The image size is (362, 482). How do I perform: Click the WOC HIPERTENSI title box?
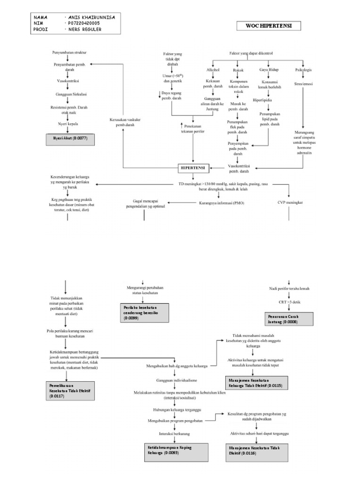(x=270, y=26)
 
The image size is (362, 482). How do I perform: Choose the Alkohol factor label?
(x=213, y=70)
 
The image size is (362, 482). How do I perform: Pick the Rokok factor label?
(x=239, y=70)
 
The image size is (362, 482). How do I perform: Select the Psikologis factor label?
(x=303, y=70)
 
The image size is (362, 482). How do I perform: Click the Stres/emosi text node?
(x=303, y=85)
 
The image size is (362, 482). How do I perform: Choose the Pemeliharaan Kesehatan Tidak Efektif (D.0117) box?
(x=71, y=391)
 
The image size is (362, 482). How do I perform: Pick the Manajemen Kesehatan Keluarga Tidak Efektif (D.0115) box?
(x=255, y=382)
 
